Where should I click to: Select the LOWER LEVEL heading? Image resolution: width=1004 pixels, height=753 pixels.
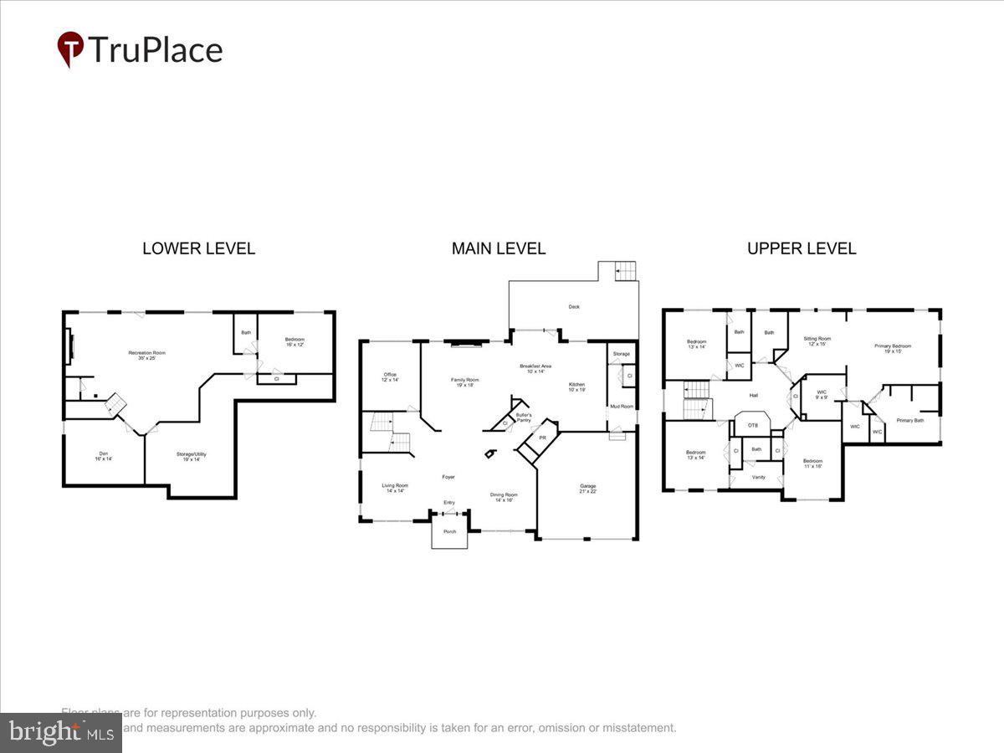tap(198, 248)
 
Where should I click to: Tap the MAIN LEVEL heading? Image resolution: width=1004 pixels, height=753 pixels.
tap(499, 248)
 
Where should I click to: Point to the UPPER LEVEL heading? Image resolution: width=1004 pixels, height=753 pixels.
tap(802, 248)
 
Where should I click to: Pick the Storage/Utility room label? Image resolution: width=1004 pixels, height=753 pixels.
tap(191, 454)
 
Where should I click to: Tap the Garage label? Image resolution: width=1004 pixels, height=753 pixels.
tap(588, 486)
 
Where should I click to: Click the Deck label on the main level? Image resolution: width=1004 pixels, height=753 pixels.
tap(574, 307)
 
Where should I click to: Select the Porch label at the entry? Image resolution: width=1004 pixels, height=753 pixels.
tap(449, 531)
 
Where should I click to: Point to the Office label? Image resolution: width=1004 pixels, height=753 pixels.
tap(390, 376)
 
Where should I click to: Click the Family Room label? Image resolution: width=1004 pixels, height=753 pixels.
tap(465, 381)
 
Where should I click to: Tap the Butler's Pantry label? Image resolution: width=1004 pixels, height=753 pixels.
tap(524, 417)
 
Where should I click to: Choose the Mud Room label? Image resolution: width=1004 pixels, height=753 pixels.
tap(621, 407)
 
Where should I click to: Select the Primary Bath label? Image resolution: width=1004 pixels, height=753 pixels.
tap(910, 420)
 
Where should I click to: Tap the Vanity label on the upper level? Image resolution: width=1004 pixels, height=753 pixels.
tap(758, 477)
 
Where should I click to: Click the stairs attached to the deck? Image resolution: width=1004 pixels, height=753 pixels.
tap(625, 271)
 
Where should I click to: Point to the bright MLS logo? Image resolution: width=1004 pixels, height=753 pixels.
tap(60, 733)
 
